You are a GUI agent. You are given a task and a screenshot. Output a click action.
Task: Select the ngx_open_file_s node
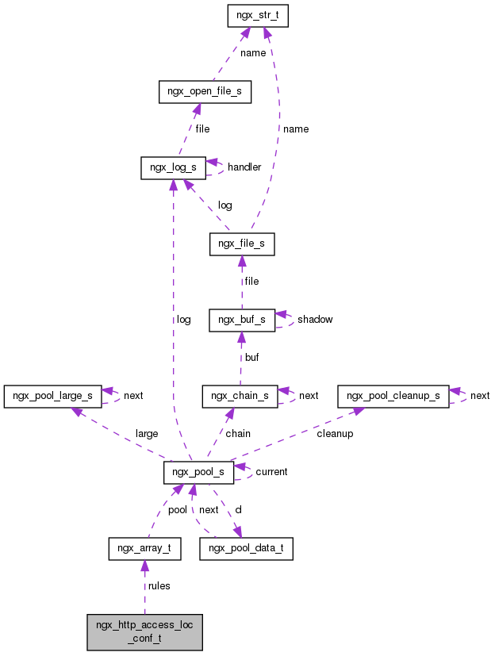(205, 92)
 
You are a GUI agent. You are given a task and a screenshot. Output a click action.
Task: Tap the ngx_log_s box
(173, 167)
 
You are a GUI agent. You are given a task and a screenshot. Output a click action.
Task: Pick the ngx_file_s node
(241, 244)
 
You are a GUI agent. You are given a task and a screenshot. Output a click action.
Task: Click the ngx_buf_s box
(241, 320)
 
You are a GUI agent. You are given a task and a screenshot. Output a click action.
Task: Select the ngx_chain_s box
(240, 395)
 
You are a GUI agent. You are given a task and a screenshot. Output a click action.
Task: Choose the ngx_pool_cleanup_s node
(392, 395)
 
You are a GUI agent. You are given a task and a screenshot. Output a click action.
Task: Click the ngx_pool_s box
(198, 472)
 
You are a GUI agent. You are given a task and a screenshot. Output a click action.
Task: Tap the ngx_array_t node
(144, 548)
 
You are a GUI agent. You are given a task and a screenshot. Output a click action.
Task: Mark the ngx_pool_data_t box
(246, 548)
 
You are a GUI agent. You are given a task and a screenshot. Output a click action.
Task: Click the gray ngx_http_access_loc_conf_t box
(144, 631)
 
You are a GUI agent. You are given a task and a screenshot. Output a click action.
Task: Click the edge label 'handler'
(244, 167)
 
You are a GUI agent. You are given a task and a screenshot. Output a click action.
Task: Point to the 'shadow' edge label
(315, 320)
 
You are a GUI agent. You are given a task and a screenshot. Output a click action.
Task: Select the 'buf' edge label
(251, 358)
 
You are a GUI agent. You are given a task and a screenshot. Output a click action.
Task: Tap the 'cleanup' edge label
(335, 434)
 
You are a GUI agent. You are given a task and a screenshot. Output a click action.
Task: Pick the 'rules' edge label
(159, 586)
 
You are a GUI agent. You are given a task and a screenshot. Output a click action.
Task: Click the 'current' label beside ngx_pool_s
(271, 472)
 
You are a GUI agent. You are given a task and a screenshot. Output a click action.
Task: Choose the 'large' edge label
(147, 434)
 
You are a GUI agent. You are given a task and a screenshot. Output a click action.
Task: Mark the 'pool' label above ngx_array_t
(177, 510)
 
